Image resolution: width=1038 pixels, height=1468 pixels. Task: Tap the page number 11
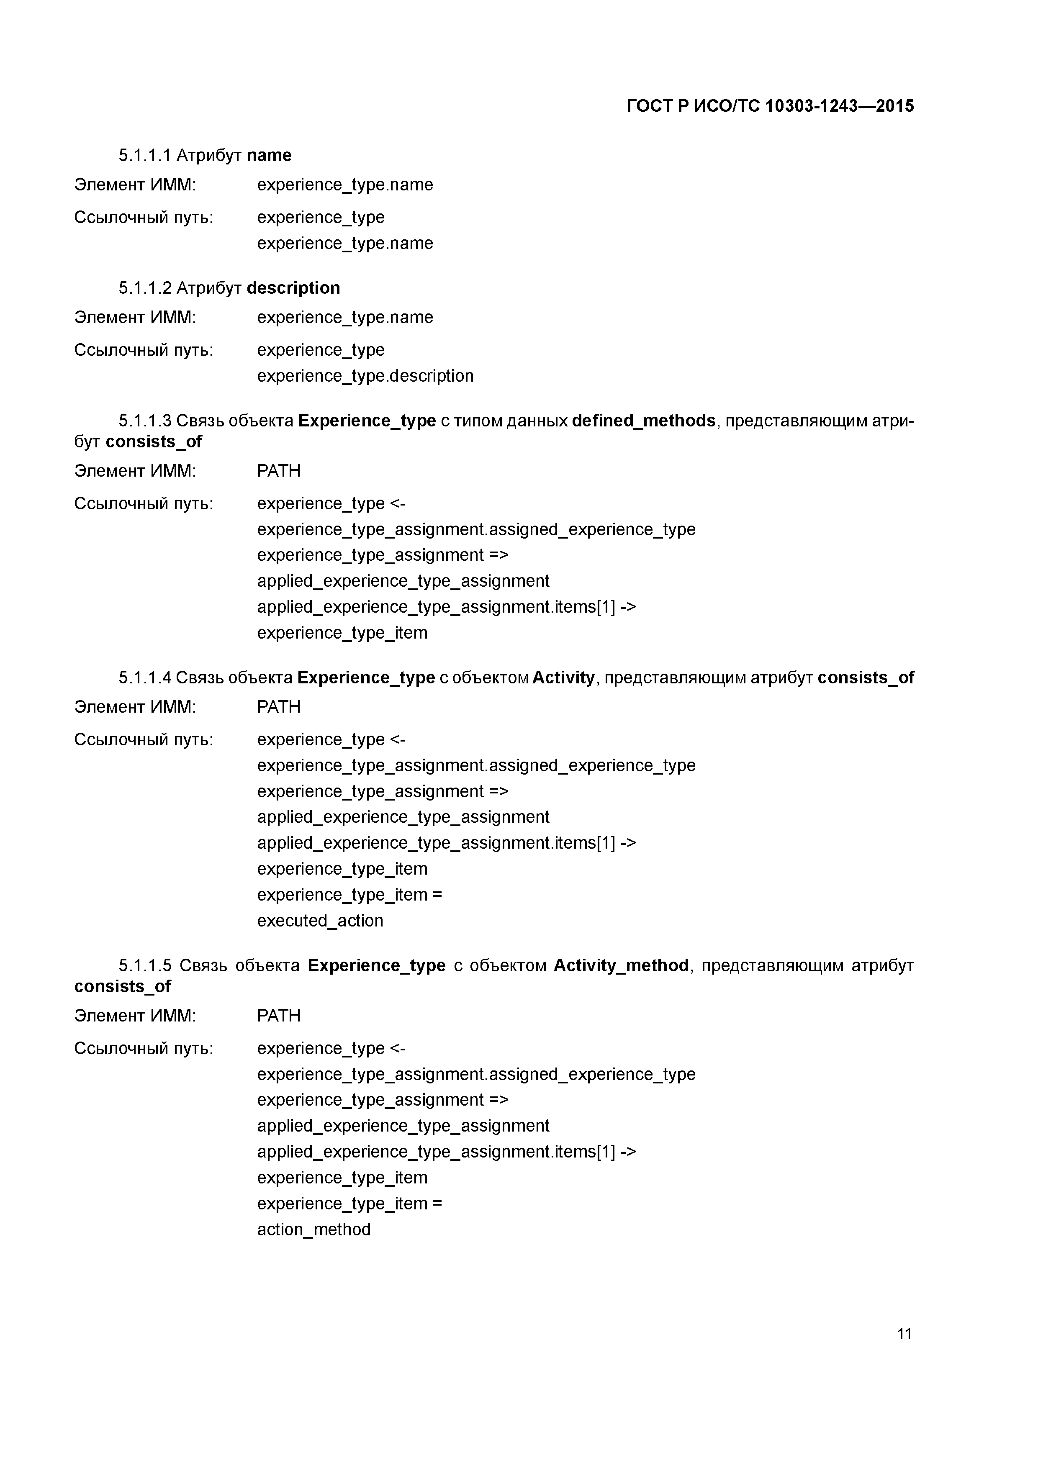pos(904,1333)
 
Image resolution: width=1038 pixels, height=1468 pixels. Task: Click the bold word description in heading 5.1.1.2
pos(293,288)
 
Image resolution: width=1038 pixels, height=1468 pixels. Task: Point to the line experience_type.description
pos(365,376)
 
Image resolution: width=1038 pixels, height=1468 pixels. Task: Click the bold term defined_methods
pos(643,421)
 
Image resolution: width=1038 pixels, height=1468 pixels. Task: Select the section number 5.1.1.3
pos(144,421)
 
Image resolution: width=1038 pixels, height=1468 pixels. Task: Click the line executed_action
pos(320,921)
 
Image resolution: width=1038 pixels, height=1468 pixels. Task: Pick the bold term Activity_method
pos(620,965)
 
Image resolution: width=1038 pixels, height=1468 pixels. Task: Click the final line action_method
pos(313,1229)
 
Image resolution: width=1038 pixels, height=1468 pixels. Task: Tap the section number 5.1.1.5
pos(144,965)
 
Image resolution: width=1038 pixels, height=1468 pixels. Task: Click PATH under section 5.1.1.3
pos(278,471)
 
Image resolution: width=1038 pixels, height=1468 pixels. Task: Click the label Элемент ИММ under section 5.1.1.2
pos(135,317)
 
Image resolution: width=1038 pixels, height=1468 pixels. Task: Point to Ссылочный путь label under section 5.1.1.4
pos(143,740)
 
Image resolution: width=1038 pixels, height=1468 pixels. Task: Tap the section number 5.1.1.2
pos(144,288)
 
